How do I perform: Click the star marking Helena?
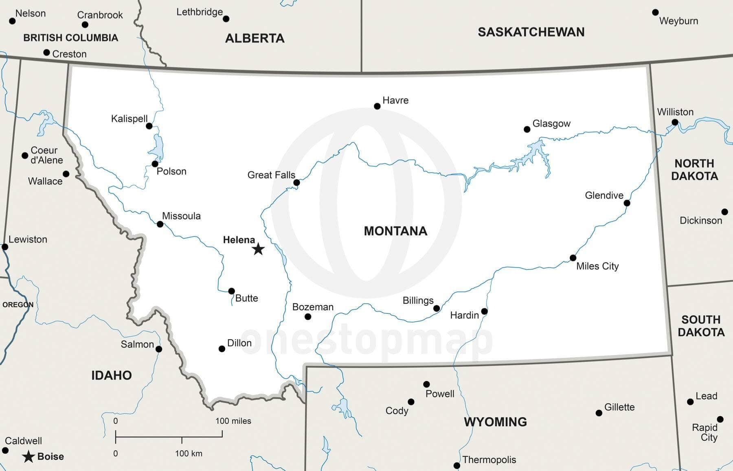pyautogui.click(x=258, y=249)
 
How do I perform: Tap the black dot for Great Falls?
pyautogui.click(x=296, y=182)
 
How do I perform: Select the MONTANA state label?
pyautogui.click(x=395, y=231)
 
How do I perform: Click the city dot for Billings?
pyautogui.click(x=437, y=308)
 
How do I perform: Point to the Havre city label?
pyautogui.click(x=395, y=100)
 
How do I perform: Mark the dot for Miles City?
pyautogui.click(x=573, y=258)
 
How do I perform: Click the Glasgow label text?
pyautogui.click(x=551, y=123)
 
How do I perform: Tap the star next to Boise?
pyautogui.click(x=28, y=457)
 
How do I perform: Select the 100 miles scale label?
pyautogui.click(x=233, y=421)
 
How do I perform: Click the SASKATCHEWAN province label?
pyautogui.click(x=531, y=32)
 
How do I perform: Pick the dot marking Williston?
pyautogui.click(x=675, y=122)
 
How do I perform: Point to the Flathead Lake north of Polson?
pyautogui.click(x=157, y=147)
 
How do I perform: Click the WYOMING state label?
pyautogui.click(x=495, y=422)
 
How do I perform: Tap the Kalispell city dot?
pyautogui.click(x=149, y=126)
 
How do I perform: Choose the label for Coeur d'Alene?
pyautogui.click(x=46, y=155)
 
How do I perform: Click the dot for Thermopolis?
pyautogui.click(x=456, y=465)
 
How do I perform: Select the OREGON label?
pyautogui.click(x=18, y=305)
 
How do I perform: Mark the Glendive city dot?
pyautogui.click(x=627, y=203)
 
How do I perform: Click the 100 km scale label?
pyautogui.click(x=189, y=453)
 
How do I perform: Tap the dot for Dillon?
pyautogui.click(x=222, y=348)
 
